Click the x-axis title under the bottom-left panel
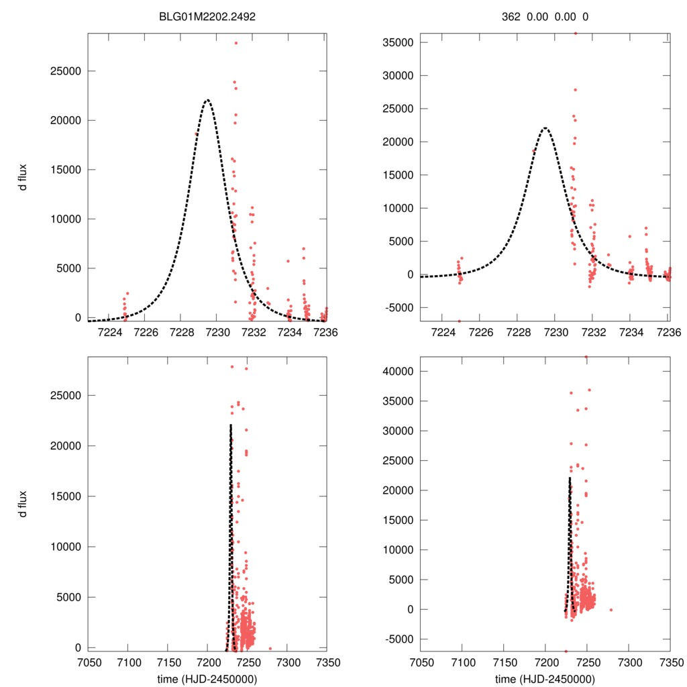pos(207,678)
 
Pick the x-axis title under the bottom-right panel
pos(545,678)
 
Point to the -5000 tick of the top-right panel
pos(400,307)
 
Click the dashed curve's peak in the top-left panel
pos(207,100)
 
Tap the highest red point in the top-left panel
pos(236,43)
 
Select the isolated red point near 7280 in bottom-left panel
pos(270,649)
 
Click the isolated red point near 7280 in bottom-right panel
pos(611,610)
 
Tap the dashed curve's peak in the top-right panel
pos(545,128)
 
